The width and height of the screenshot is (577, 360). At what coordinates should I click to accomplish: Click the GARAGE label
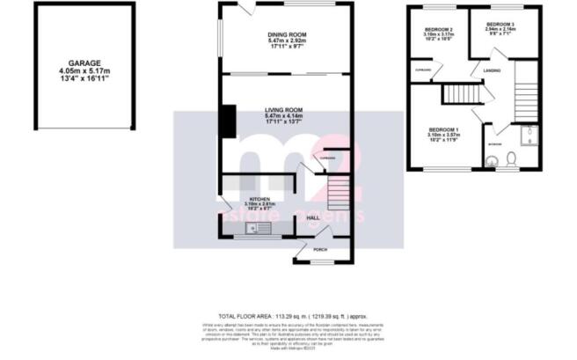click(x=74, y=63)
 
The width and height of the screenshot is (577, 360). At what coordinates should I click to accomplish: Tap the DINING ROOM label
click(x=286, y=35)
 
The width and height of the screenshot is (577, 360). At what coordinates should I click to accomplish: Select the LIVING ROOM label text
click(x=286, y=109)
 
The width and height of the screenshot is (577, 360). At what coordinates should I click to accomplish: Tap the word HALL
click(x=313, y=217)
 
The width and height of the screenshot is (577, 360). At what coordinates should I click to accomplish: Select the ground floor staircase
click(x=338, y=189)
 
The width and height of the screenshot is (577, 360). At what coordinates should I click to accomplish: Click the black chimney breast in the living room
click(x=228, y=121)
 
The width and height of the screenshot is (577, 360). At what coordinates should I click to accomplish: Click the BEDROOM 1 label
click(x=443, y=130)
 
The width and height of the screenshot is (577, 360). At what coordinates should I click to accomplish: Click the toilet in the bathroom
click(x=513, y=159)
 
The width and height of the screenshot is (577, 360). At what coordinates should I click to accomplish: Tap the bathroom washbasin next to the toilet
click(x=494, y=160)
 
